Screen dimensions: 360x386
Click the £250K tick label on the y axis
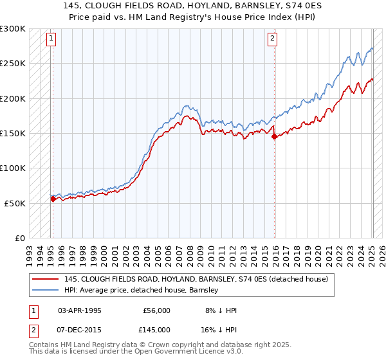click(13, 64)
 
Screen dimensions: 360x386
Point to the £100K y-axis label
click(13, 168)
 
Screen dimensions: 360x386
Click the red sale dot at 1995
click(53, 199)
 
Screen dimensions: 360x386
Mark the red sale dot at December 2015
click(274, 136)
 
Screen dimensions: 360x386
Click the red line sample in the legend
click(45, 279)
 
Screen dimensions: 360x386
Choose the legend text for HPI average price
click(142, 290)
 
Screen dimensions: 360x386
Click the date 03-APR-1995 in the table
click(80, 310)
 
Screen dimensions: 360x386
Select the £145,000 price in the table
click(156, 330)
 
